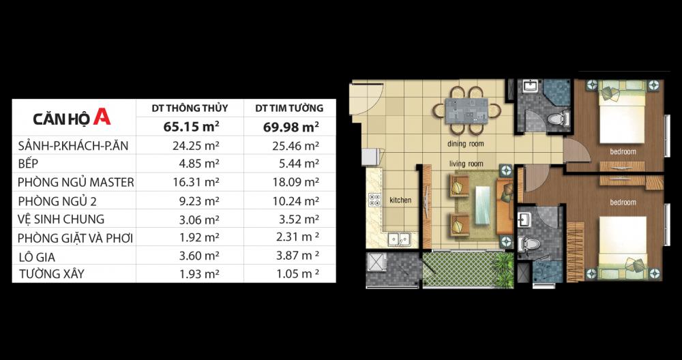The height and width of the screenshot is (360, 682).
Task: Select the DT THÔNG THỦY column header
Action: tap(190, 108)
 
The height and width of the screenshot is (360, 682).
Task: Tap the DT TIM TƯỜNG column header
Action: tap(289, 108)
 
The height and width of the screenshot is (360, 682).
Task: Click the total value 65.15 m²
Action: tap(191, 127)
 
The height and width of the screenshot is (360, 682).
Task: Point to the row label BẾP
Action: tap(27, 164)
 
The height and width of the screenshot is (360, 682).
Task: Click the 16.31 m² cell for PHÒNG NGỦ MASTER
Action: tap(196, 182)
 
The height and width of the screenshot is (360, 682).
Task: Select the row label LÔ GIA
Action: tap(37, 257)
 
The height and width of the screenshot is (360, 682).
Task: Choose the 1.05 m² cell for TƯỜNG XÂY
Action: tap(298, 273)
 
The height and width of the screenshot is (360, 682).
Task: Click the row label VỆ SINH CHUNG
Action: tap(61, 219)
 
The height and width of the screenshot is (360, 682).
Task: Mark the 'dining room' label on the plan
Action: tap(466, 143)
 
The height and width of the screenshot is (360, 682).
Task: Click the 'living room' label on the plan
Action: tap(466, 164)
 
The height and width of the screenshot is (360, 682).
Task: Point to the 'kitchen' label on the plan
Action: tap(400, 200)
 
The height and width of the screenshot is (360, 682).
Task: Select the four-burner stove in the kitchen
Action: tap(374, 200)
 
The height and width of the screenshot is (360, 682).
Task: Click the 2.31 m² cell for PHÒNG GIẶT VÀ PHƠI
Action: tap(298, 237)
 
